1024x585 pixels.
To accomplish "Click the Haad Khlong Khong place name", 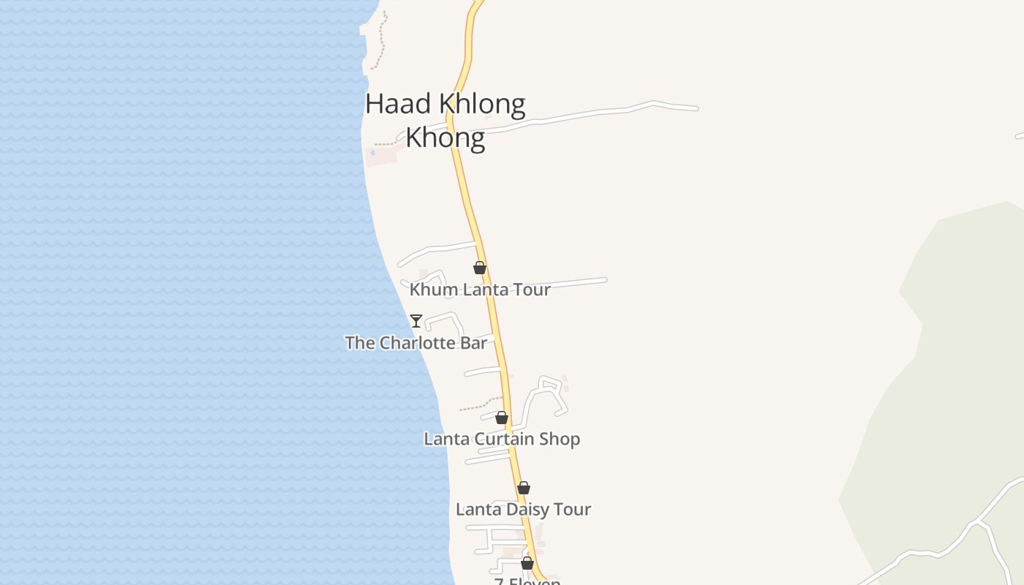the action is coord(445,120).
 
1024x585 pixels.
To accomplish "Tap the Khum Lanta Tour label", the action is coord(480,290).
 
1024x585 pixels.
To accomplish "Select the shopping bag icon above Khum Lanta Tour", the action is coord(480,268).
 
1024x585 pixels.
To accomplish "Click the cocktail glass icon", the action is coord(416,320).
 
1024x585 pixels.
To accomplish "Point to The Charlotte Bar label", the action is coord(415,343).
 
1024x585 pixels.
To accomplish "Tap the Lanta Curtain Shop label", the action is coord(502,439).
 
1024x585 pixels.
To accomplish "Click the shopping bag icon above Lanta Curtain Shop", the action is coord(502,418).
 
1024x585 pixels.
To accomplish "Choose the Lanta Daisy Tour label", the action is coord(523,509).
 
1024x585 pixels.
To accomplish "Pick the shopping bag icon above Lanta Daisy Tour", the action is coord(524,488).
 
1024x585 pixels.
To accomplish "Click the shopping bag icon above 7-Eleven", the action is coord(527,563).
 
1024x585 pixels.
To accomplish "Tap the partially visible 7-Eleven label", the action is coord(527,581).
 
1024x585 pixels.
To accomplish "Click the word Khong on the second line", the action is coord(445,137).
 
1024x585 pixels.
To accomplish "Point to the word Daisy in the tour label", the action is coord(526,509).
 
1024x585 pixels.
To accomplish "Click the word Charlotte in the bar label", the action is coord(416,343).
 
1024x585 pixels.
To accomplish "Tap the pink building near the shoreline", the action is coord(381,156).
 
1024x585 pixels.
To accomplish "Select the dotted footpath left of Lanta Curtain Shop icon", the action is coord(480,404).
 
